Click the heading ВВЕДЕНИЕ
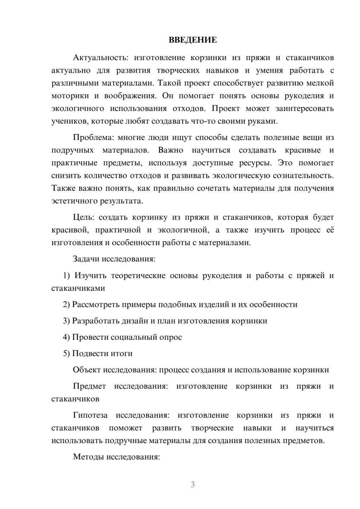(x=193, y=40)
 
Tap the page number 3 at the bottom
(x=193, y=485)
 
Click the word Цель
(x=84, y=217)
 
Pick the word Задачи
(x=86, y=259)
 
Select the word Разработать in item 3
(x=95, y=321)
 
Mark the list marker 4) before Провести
(x=66, y=337)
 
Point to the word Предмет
(x=89, y=386)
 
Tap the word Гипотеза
(x=90, y=415)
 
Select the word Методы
(x=87, y=457)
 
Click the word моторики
(x=70, y=96)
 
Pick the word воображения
(x=130, y=96)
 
